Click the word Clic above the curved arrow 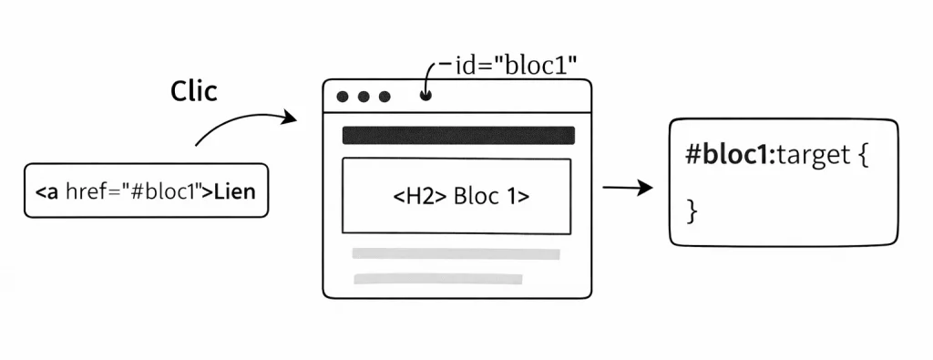click(194, 91)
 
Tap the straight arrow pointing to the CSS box click(628, 189)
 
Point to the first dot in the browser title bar click(343, 97)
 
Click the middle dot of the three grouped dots click(364, 97)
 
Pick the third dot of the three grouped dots click(384, 97)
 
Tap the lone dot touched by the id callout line click(425, 96)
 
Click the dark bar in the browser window click(457, 136)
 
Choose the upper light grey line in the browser click(456, 254)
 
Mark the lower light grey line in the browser click(437, 279)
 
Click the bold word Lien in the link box click(235, 192)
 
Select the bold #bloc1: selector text click(728, 155)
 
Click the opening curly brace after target click(863, 156)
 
